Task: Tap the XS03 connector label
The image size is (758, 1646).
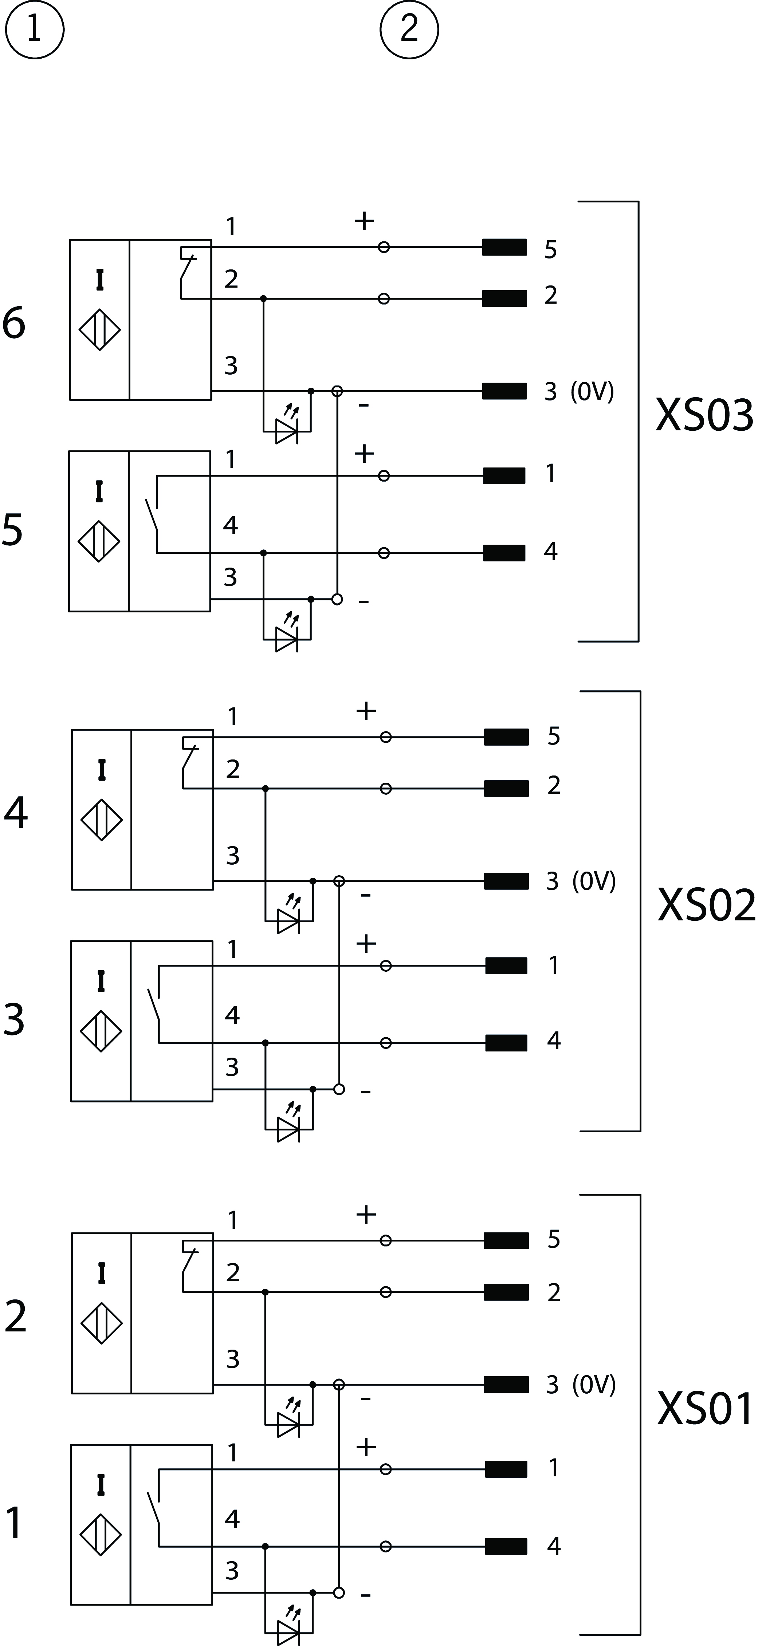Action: click(704, 415)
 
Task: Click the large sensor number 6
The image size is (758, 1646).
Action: click(14, 323)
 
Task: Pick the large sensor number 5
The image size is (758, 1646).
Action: click(13, 530)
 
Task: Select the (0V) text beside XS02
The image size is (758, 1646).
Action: click(594, 881)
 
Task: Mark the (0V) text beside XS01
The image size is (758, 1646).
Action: click(594, 1385)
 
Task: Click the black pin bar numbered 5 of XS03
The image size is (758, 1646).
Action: click(504, 246)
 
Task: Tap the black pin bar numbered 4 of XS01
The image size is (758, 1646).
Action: click(506, 1546)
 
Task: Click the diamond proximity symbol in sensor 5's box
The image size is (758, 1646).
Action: click(99, 541)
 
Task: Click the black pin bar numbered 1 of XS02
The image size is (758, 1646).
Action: click(506, 966)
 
